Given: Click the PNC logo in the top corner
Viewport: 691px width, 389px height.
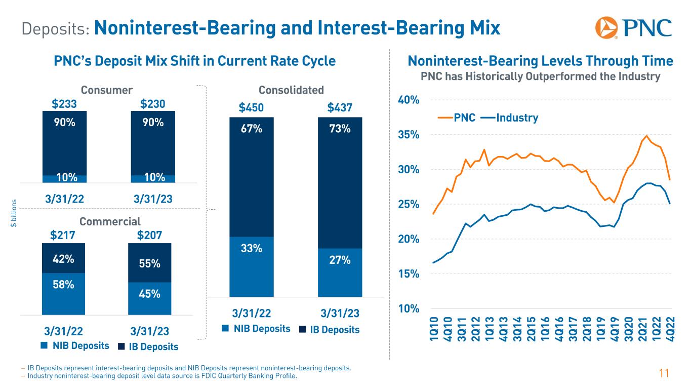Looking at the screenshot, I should (634, 28).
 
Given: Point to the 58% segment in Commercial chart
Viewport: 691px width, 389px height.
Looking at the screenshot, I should (64, 285).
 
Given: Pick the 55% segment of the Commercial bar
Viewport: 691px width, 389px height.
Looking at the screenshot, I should (150, 263).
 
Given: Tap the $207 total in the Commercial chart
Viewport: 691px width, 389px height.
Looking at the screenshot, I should (150, 235).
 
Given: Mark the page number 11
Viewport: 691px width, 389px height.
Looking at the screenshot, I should (664, 374).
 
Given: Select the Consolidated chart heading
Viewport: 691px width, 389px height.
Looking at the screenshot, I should (291, 90).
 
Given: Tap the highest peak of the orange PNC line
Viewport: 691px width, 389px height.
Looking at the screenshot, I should (646, 136).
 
